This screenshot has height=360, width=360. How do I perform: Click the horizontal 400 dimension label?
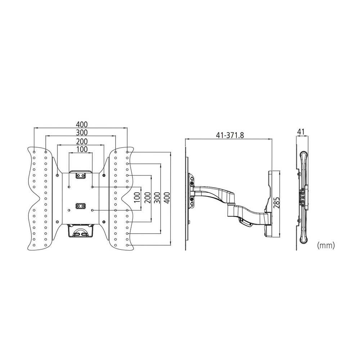(x=82, y=125)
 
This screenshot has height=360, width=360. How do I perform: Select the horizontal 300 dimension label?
(x=82, y=132)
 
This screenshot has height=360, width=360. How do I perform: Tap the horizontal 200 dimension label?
(x=82, y=141)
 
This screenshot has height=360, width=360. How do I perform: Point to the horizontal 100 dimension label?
(x=82, y=149)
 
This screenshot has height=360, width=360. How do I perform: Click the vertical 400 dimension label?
(x=167, y=198)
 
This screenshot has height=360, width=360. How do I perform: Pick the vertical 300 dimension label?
(x=157, y=198)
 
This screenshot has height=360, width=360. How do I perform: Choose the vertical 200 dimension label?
(x=148, y=198)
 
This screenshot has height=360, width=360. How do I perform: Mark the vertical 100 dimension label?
(x=137, y=197)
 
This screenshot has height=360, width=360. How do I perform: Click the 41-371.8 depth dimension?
(x=230, y=135)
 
